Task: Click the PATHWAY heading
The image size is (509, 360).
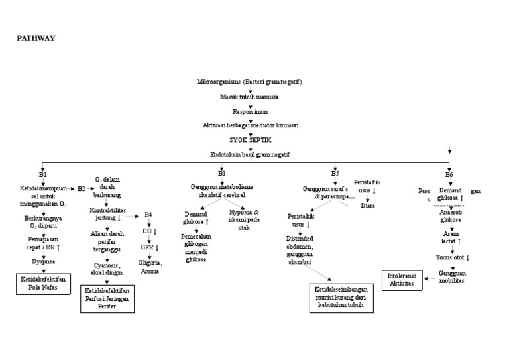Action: click(x=35, y=38)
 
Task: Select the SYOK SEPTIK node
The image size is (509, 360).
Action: click(x=250, y=139)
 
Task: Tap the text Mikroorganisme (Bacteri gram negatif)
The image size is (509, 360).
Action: click(x=250, y=82)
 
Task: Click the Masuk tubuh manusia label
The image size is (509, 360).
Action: click(x=249, y=97)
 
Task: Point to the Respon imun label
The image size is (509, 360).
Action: click(x=250, y=111)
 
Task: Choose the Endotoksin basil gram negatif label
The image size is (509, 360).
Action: click(x=250, y=154)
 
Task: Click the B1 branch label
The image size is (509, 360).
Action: click(x=43, y=174)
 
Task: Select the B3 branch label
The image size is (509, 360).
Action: click(x=221, y=174)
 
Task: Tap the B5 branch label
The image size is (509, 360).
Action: click(x=335, y=174)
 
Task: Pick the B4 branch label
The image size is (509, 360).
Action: click(x=148, y=215)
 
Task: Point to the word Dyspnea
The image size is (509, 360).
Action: click(x=43, y=261)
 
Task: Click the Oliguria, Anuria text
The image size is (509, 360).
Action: click(x=150, y=267)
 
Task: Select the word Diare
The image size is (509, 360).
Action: click(x=368, y=206)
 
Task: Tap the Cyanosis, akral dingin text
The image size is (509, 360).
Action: click(x=106, y=269)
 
